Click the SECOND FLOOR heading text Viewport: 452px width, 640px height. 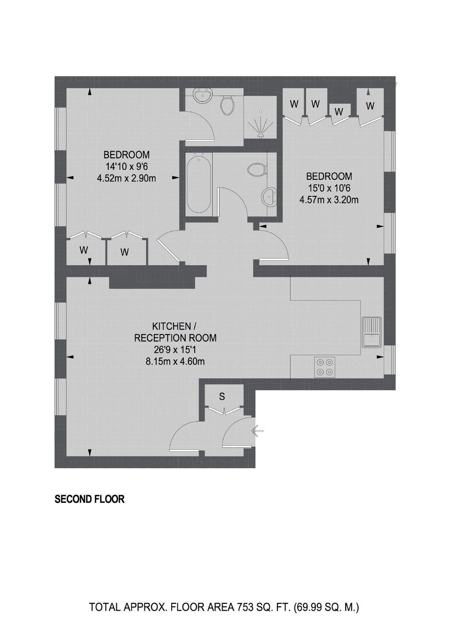[89, 499]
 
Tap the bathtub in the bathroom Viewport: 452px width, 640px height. [199, 183]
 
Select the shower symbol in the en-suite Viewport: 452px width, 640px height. [261, 124]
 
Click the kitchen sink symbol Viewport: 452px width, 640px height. [372, 332]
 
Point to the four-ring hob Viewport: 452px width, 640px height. [325, 367]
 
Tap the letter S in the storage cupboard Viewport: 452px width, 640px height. [222, 397]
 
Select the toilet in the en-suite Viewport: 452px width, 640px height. [227, 105]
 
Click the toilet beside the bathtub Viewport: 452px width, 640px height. [257, 169]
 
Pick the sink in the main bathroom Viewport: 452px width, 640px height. [269, 196]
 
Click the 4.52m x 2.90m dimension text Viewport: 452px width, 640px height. [126, 179]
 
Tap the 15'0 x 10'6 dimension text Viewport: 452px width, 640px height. [328, 188]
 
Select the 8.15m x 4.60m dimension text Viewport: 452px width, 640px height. [175, 361]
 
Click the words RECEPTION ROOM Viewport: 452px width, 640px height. [176, 338]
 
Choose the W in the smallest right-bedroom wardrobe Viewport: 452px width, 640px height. [339, 111]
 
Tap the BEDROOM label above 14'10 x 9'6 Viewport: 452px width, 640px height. [126, 154]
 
